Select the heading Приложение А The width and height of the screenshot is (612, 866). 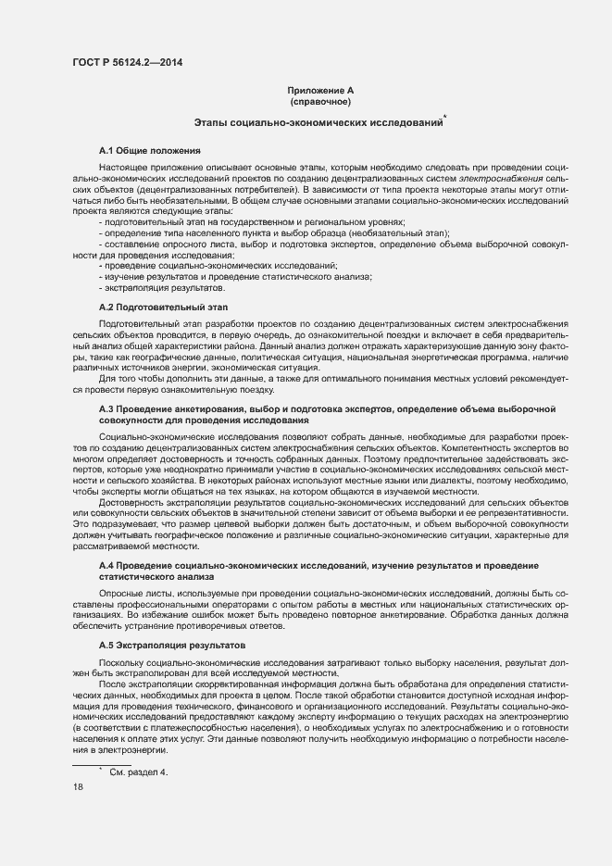point(319,91)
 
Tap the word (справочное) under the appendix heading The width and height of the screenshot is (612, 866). point(319,102)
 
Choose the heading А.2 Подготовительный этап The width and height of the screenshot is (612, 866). point(163,307)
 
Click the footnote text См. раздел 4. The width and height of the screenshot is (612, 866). point(139,772)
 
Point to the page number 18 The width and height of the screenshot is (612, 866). point(78,787)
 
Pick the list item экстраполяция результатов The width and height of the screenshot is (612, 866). point(151,288)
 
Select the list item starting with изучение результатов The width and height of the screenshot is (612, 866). point(237,277)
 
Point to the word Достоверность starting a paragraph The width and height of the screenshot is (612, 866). point(129,501)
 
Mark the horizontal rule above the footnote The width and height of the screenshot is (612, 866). point(101,764)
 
